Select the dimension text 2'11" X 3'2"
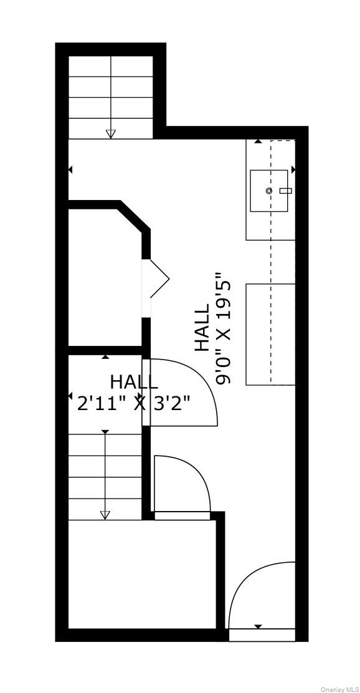[x=133, y=402]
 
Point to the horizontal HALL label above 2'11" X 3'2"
[x=134, y=381]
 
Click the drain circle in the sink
[x=269, y=191]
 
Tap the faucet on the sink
[x=285, y=191]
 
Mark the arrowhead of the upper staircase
[x=111, y=133]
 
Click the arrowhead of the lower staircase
[x=105, y=515]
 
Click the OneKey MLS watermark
[x=340, y=689]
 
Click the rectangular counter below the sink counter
[x=270, y=334]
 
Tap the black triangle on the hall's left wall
[x=70, y=169]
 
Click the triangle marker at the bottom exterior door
[x=258, y=626]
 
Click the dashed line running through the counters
[x=270, y=262]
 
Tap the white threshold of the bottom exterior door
[x=262, y=635]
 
